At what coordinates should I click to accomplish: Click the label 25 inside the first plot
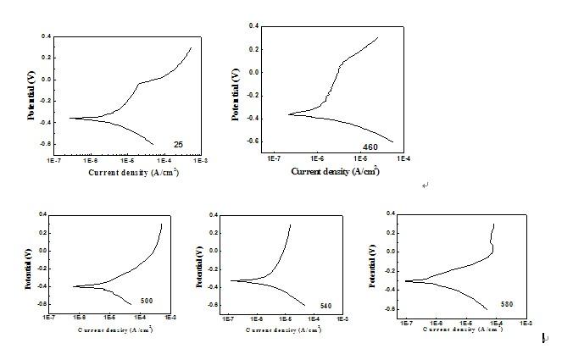[x=179, y=145]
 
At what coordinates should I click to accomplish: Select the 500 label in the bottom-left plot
[x=146, y=301]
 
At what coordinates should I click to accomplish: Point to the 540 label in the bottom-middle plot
[x=326, y=305]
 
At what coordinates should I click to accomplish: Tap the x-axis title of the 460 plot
[x=335, y=171]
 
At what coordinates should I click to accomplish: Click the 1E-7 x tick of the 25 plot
[x=53, y=158]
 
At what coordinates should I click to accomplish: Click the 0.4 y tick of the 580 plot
[x=390, y=213]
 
